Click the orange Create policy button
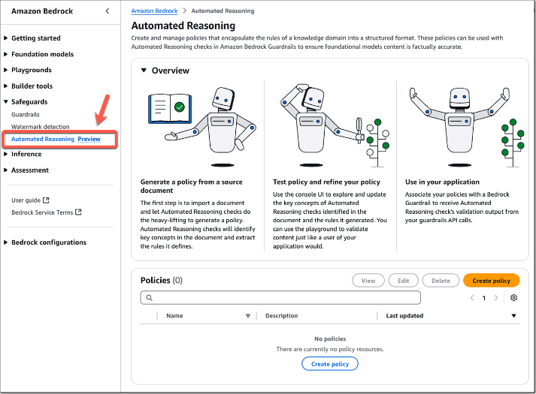tap(491, 281)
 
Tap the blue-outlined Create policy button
tap(330, 364)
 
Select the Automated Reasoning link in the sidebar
tap(43, 139)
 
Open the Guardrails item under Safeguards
tap(26, 115)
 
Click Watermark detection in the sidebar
tap(41, 127)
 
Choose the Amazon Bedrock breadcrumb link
tap(155, 11)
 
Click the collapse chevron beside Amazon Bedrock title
tap(108, 11)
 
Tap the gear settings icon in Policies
tap(513, 297)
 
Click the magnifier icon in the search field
tap(149, 298)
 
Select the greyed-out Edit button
tap(404, 281)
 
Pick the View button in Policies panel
tap(368, 281)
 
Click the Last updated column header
tap(404, 316)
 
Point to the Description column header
tap(282, 316)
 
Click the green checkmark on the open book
tap(180, 107)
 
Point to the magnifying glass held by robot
tap(359, 129)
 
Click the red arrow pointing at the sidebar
tap(102, 109)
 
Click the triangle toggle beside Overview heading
tap(144, 71)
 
